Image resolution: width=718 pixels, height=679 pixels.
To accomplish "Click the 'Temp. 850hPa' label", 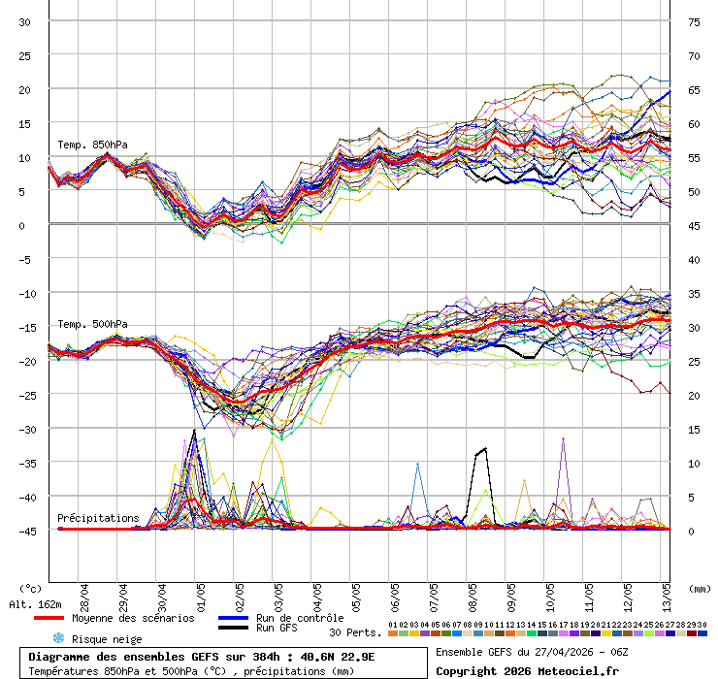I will (x=92, y=145).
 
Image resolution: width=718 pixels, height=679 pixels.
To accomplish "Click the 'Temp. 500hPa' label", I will (x=92, y=324).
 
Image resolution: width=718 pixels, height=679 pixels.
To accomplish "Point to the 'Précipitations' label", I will (x=98, y=518).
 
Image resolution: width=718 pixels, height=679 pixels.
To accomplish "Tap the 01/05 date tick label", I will (x=201, y=593).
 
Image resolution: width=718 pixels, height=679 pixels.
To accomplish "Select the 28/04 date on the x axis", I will (x=84, y=593).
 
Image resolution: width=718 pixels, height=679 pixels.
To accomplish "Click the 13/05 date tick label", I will (x=668, y=593).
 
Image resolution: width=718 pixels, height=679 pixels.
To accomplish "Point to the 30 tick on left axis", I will (x=25, y=21).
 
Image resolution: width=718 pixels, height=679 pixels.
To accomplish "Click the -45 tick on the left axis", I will (x=23, y=531).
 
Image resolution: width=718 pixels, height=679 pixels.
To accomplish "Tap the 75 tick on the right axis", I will (x=694, y=21).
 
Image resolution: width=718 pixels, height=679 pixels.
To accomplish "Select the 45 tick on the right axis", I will (x=694, y=225).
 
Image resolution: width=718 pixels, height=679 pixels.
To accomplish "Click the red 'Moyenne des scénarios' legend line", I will (x=62, y=618).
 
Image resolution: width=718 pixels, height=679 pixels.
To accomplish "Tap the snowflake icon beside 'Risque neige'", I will (x=58, y=638).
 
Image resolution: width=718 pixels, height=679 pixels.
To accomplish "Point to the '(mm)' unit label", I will (x=700, y=587).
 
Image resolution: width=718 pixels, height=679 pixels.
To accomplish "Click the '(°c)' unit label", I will (x=30, y=587).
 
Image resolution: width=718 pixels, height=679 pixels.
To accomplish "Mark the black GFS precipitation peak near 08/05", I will (x=483, y=449).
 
